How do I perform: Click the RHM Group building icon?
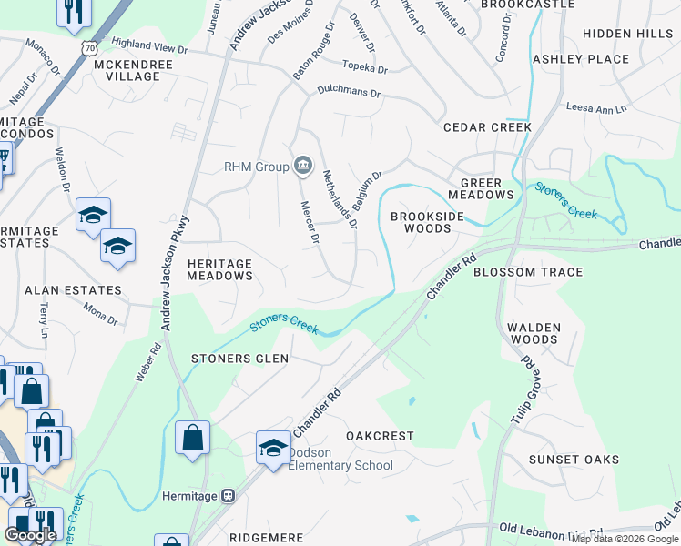(x=303, y=166)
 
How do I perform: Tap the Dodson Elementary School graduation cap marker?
(x=272, y=447)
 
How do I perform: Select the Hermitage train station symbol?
(x=228, y=496)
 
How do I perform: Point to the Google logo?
(x=30, y=534)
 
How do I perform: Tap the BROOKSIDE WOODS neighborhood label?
(x=427, y=222)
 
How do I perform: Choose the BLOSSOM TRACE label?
(x=528, y=272)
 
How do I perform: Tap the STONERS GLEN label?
(x=239, y=359)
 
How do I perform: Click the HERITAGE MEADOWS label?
(x=219, y=268)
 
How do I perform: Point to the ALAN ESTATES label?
(x=73, y=290)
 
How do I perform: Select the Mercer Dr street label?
(x=310, y=222)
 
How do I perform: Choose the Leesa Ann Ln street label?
(x=596, y=108)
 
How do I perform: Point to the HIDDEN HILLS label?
(x=627, y=33)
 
